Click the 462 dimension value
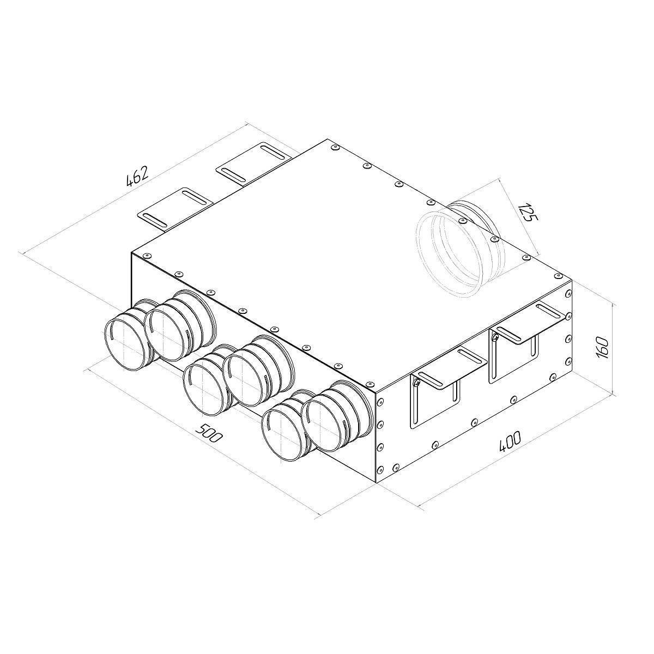click(x=137, y=176)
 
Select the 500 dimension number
click(x=209, y=432)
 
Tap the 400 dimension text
click(x=510, y=441)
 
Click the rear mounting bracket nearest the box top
click(x=256, y=164)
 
